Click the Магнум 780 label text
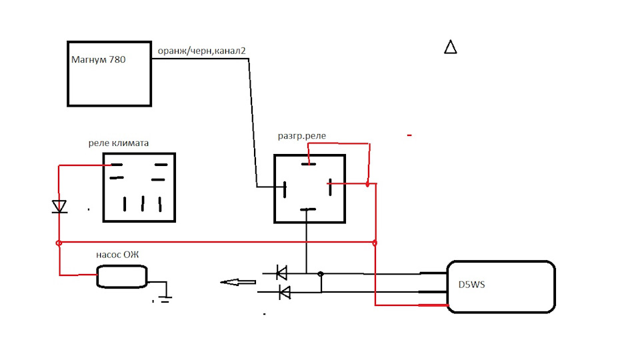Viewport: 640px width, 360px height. point(99,59)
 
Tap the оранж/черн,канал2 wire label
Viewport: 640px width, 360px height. point(201,51)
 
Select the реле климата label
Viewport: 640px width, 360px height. point(119,143)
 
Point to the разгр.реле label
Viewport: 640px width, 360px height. point(301,136)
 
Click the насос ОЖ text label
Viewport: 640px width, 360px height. point(117,255)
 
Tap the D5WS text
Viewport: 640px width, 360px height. point(471,285)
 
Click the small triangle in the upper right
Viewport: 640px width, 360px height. point(450,47)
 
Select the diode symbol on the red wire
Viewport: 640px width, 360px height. point(59,207)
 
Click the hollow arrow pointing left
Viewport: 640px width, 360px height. point(238,282)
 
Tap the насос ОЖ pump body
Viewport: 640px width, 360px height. point(121,277)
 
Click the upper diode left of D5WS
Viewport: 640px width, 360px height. point(281,273)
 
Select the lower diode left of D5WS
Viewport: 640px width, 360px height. point(284,292)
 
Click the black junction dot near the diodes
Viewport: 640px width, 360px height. point(321,274)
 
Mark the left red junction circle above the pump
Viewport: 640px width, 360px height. point(59,243)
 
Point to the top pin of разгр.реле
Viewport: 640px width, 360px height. point(309,164)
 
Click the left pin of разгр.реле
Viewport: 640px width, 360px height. point(285,190)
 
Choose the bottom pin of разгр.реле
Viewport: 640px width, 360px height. point(308,209)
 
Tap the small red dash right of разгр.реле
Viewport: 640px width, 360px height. point(409,135)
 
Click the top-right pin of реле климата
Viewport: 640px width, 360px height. point(161,165)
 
